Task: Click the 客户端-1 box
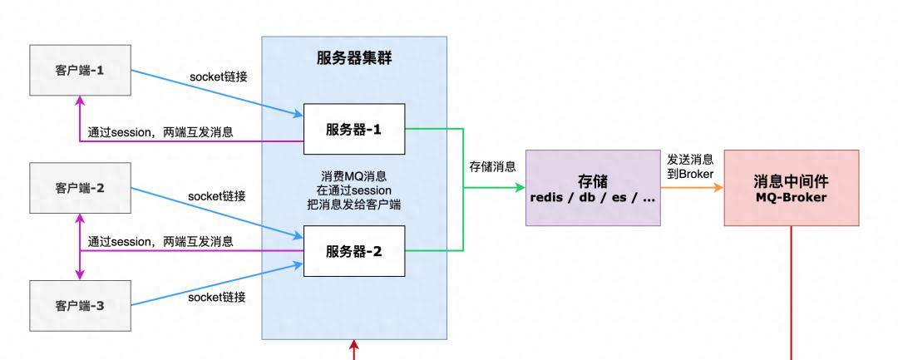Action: (x=79, y=70)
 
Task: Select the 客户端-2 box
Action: (x=79, y=188)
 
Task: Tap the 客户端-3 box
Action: (x=79, y=306)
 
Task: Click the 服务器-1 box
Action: (x=353, y=129)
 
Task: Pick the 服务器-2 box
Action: (x=353, y=250)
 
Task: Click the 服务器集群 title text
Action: (x=354, y=58)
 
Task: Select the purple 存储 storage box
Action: (x=593, y=188)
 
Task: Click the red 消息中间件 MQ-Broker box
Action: (x=791, y=188)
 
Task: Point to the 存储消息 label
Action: (x=492, y=166)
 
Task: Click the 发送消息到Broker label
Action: (x=691, y=165)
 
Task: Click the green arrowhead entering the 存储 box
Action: (x=520, y=188)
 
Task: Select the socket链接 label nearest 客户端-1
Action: (x=218, y=76)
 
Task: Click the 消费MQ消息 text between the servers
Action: (x=353, y=177)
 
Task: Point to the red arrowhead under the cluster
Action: (x=354, y=344)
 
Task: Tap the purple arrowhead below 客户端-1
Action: (x=80, y=100)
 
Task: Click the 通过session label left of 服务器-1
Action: (x=160, y=131)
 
